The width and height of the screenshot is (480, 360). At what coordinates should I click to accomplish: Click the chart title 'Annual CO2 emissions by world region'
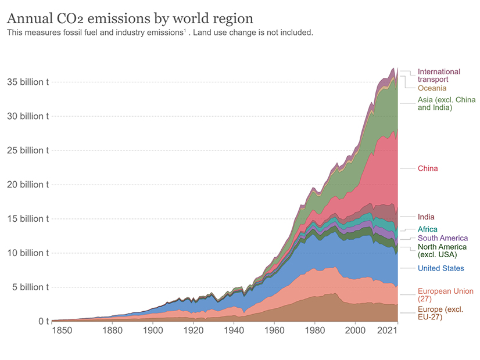[x=130, y=17]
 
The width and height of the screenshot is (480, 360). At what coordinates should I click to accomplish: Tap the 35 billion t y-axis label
[x=28, y=82]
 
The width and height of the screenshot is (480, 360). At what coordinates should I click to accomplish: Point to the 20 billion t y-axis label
[x=28, y=185]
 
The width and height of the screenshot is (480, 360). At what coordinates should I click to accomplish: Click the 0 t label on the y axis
[x=42, y=321]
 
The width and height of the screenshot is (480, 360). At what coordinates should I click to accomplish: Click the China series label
[x=428, y=168]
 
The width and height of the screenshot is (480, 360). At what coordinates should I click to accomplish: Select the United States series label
[x=440, y=268]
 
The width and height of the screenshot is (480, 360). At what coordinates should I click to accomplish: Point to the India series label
[x=426, y=217]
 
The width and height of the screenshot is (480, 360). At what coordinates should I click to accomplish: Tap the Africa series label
[x=428, y=229]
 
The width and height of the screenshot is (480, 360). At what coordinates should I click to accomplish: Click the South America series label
[x=442, y=238]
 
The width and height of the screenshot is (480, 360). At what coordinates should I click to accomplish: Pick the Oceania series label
[x=432, y=88]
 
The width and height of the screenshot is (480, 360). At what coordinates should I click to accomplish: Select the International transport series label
[x=439, y=75]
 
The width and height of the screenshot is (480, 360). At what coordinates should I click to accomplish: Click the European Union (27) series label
[x=445, y=295]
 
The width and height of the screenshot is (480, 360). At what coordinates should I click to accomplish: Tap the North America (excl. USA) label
[x=442, y=251]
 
